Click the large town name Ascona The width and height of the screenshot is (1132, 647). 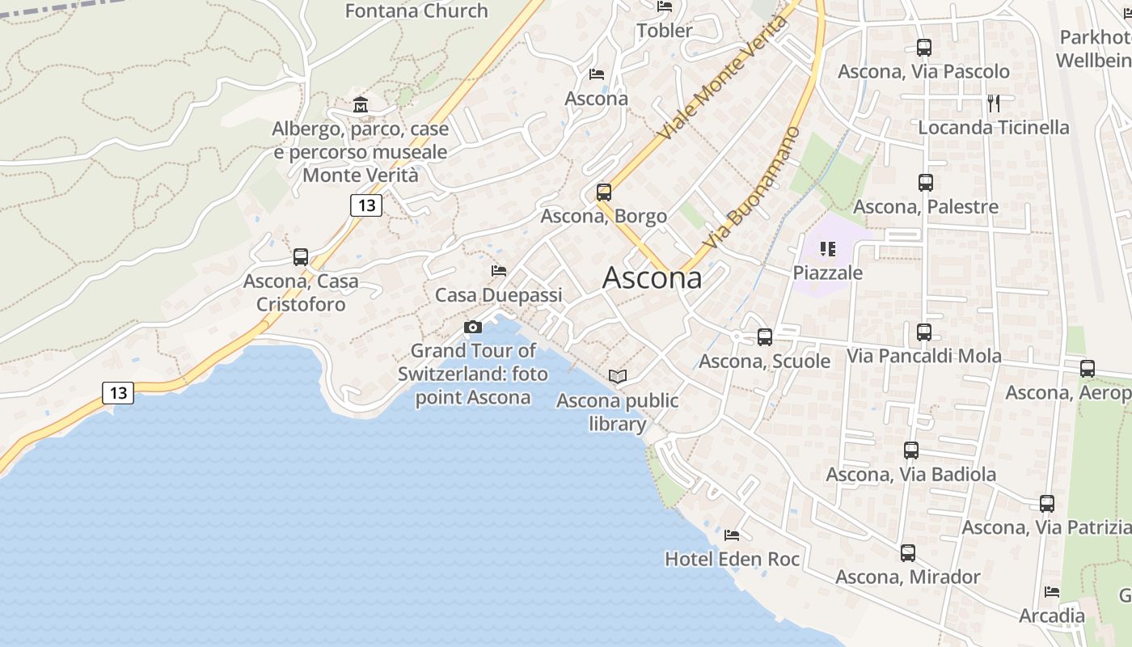652,278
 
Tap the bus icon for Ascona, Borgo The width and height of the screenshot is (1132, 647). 604,192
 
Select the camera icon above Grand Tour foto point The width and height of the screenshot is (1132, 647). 473,327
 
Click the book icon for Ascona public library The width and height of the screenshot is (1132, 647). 618,376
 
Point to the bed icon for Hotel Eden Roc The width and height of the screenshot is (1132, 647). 732,535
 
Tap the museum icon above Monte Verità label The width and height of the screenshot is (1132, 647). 360,105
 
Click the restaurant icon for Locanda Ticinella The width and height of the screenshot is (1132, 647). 994,103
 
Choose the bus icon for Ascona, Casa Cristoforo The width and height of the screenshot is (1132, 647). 301,257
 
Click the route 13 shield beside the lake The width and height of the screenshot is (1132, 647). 118,393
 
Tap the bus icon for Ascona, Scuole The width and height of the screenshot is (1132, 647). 765,337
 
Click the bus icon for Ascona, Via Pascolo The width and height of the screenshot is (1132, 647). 924,48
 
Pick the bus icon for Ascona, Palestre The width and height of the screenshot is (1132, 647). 926,183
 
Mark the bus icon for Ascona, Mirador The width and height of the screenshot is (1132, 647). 908,553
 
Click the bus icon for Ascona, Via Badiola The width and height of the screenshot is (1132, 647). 911,450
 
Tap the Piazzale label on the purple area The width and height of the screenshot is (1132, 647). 828,273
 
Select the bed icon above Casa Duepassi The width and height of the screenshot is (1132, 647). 499,271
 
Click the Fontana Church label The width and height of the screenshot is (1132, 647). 416,11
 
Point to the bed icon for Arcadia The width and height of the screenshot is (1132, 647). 1052,592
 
